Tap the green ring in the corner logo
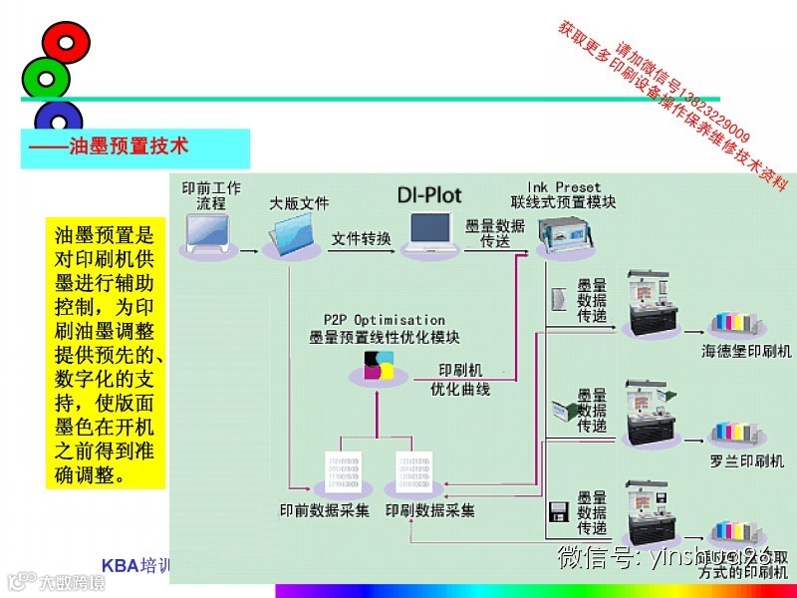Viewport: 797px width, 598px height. tap(45, 77)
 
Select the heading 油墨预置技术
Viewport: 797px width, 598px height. tap(110, 146)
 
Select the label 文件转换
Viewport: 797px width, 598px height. tap(362, 239)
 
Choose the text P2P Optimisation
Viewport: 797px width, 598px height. tap(384, 320)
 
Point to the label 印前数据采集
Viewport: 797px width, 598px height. tap(324, 510)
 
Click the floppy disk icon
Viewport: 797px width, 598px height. tap(559, 511)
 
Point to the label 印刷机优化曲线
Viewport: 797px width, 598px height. tap(460, 379)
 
